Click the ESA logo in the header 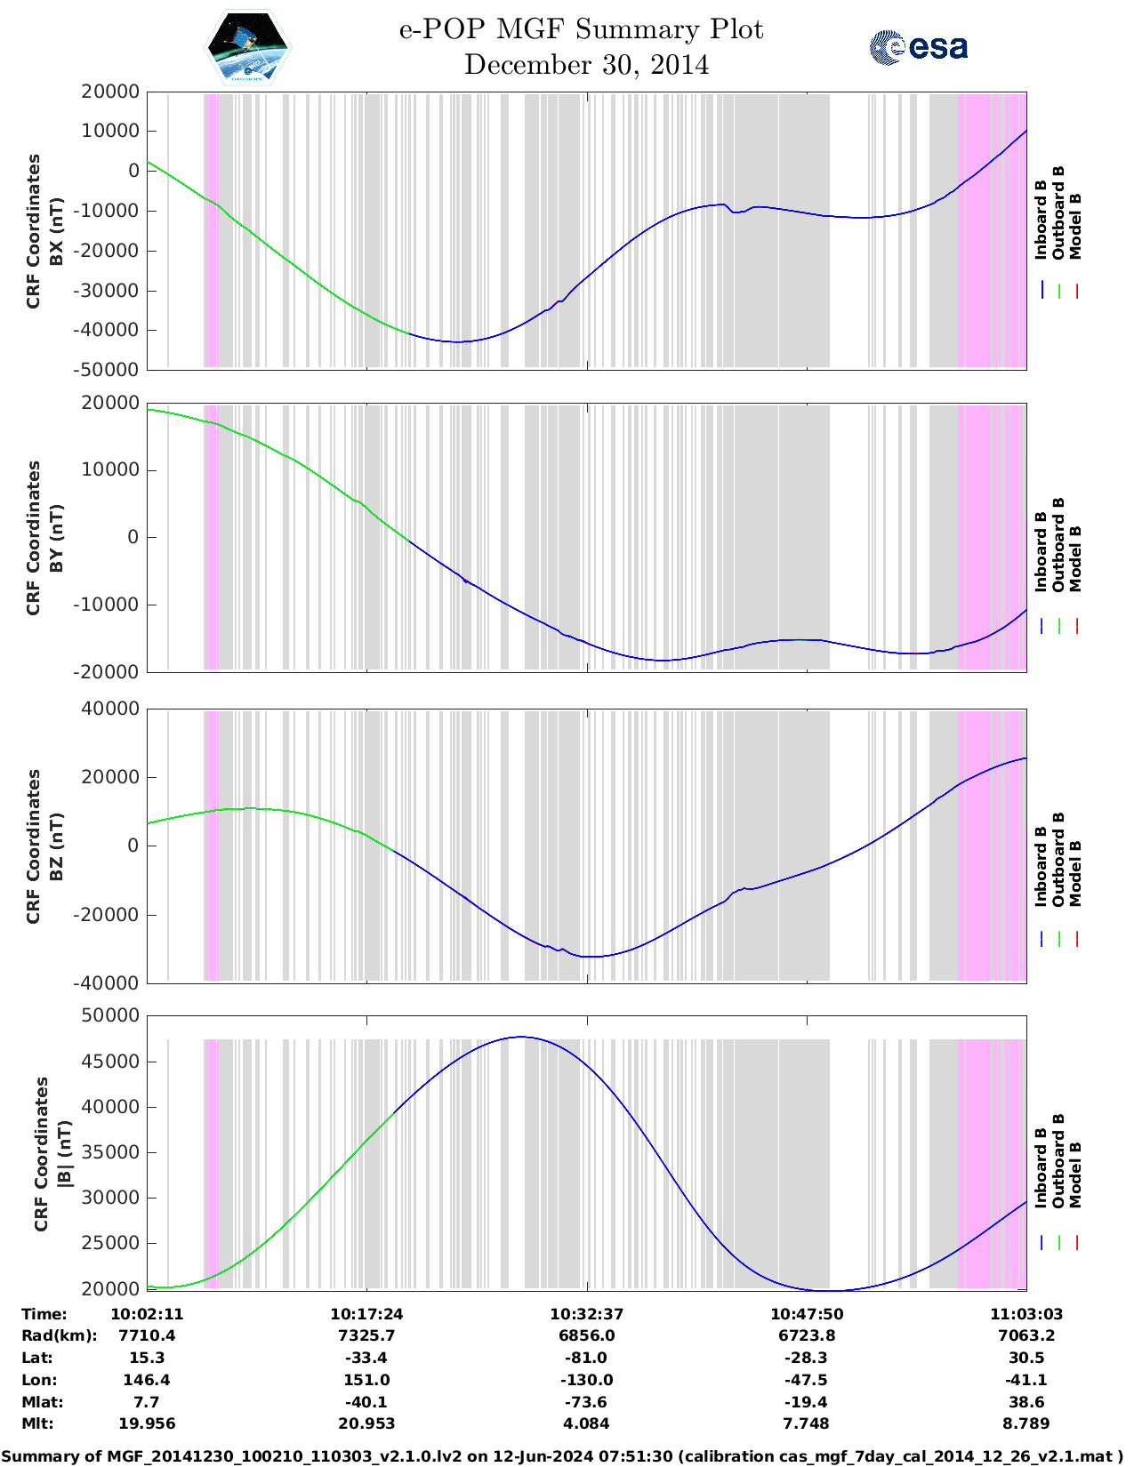(919, 47)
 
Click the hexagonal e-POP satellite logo (247, 48)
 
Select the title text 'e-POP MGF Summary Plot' (581, 29)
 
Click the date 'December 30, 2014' (586, 65)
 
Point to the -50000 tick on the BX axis (109, 370)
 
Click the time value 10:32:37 (586, 1314)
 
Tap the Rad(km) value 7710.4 (147, 1335)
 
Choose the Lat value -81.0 (586, 1358)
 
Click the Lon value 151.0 (366, 1380)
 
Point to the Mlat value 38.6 (1026, 1402)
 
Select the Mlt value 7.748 (807, 1423)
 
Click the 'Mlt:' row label (36, 1423)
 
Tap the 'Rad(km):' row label (59, 1335)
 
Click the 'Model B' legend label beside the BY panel (1075, 558)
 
